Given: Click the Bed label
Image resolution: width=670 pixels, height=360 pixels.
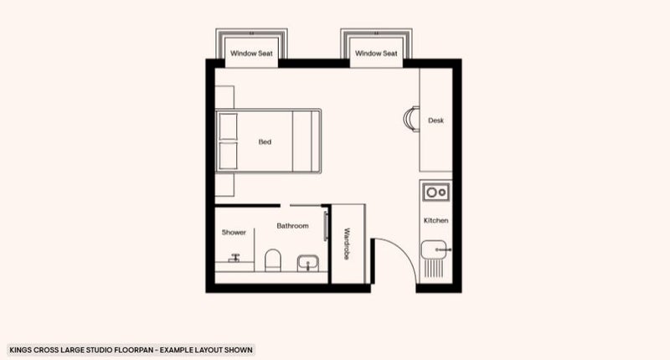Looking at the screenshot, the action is pos(265,141).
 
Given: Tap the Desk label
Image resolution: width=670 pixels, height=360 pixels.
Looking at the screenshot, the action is pos(435,121).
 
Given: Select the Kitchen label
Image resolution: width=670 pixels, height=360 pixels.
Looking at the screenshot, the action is pos(435,220).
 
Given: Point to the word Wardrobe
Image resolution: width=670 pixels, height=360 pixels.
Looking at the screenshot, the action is pos(347,244).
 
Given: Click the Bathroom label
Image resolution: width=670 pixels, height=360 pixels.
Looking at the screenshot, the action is pos(292,225).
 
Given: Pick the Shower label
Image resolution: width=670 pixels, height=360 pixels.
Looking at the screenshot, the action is pos(234,232).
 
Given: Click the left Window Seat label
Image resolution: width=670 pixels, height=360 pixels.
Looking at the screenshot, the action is pos(251,54).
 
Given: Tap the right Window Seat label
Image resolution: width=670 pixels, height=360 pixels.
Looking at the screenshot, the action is pos(376,54).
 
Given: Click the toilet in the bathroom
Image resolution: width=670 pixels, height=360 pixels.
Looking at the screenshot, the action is pos(273,260).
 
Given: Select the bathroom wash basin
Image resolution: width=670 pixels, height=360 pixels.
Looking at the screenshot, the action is pos(307,263).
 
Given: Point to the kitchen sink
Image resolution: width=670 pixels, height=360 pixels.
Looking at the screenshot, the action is pos(434,249).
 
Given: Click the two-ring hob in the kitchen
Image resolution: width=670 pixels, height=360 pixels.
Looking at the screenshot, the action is pos(435,193).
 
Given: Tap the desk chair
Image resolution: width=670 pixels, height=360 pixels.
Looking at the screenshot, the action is pos(411,119).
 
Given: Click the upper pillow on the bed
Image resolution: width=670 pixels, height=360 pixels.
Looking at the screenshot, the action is pos(228,126).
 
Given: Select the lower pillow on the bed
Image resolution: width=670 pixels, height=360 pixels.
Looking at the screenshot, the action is pos(228,156).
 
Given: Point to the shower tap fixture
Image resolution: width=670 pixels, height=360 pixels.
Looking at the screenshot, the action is pos(234,258).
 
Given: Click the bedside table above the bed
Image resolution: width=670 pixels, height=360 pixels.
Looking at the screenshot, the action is pos(224,97).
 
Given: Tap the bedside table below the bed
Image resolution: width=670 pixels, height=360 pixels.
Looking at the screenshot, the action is pos(224,185).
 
